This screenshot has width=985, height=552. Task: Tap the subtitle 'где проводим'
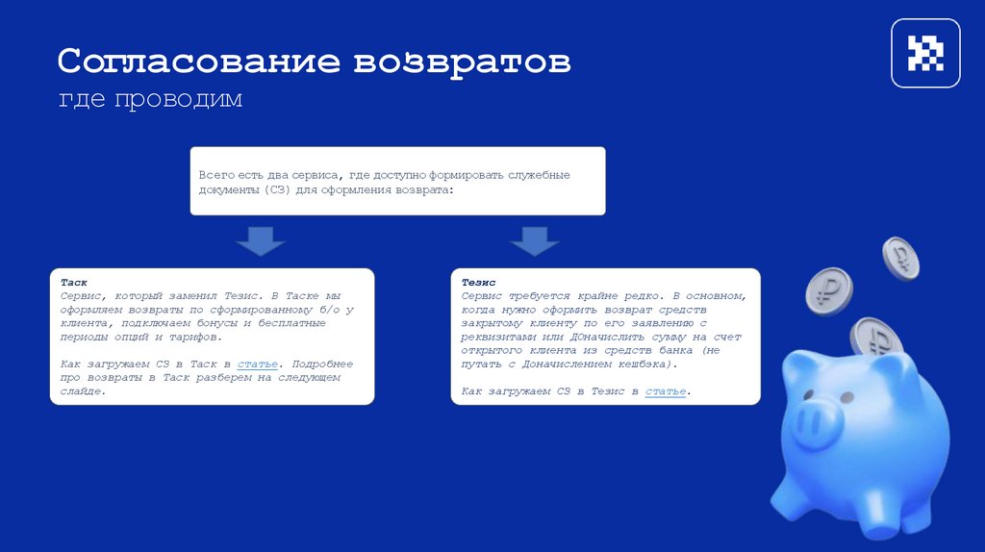[x=151, y=99]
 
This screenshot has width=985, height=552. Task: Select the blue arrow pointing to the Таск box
[x=260, y=241]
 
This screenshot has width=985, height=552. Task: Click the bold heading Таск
[x=74, y=284]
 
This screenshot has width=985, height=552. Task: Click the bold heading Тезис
[x=478, y=284]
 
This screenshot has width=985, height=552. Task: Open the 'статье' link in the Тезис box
[x=666, y=391]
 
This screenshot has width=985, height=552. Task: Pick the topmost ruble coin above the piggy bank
[x=901, y=258]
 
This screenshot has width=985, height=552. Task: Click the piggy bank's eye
[x=846, y=394]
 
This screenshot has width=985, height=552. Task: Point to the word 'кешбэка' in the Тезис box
[x=645, y=364]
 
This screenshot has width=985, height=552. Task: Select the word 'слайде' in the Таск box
[x=81, y=391]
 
